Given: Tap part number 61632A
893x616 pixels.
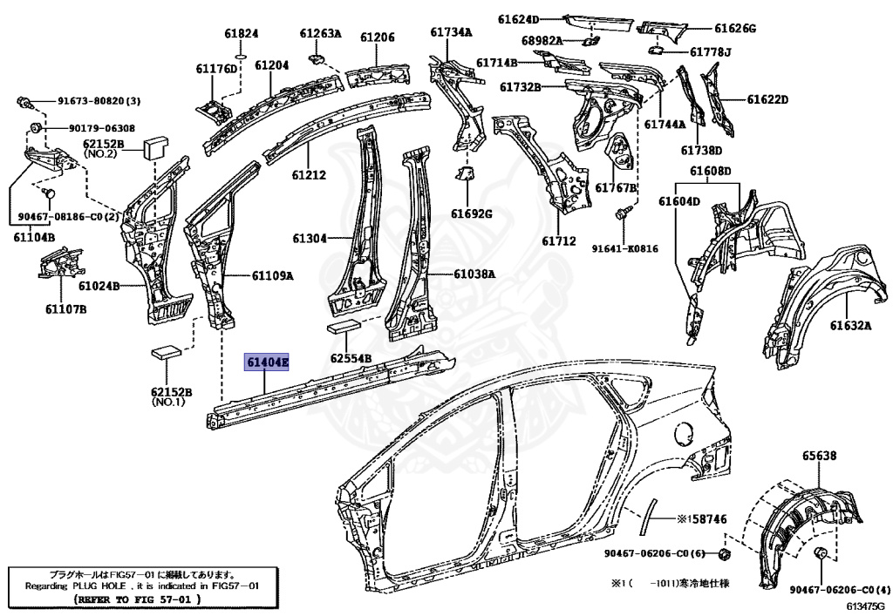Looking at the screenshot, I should pos(850,325).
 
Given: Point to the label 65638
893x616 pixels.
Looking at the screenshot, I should pos(820,455).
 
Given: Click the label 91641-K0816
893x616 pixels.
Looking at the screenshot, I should pos(624,248).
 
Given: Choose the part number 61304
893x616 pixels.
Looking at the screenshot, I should pos(310,238).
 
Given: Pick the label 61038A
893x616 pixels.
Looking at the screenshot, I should pos(474,274).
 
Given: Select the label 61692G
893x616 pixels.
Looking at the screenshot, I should pos(472,213).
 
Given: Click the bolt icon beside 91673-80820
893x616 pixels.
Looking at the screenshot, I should pos(26,103).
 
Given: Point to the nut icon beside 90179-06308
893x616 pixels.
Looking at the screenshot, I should pos(36,128).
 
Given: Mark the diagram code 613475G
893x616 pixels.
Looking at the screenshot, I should pos(863,605).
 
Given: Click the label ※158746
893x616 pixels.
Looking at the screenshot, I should pos(702,519).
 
